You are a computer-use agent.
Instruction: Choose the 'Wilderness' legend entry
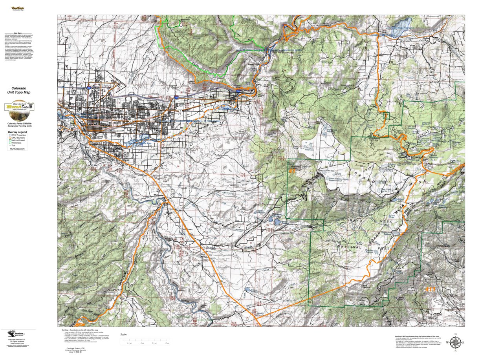pyautogui.click(x=16, y=143)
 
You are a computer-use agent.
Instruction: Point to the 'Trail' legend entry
pyautogui.click(x=13, y=146)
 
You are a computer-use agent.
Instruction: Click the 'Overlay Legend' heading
pyautogui.click(x=17, y=132)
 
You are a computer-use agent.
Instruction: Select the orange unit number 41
pyautogui.click(x=291, y=171)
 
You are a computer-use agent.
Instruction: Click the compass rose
pyautogui.click(x=455, y=342)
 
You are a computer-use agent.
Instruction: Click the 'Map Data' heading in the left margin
pyautogui.click(x=17, y=33)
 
